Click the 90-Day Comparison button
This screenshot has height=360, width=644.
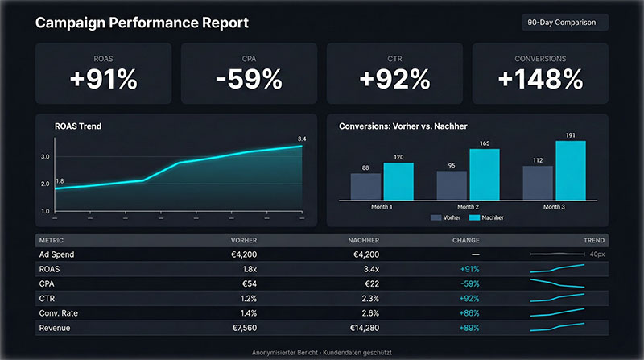click(565, 23)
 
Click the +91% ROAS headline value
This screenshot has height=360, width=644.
click(103, 80)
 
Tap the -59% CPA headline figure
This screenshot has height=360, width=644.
click(249, 80)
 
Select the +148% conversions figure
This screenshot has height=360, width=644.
click(539, 80)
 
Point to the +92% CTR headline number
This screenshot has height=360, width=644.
click(394, 80)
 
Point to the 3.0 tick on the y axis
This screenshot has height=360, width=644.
click(45, 156)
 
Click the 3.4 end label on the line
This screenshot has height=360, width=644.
click(302, 139)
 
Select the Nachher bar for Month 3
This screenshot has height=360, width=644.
click(570, 170)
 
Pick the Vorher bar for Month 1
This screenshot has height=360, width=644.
click(365, 186)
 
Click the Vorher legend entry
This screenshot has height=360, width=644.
click(448, 218)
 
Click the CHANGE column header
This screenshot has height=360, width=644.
click(465, 240)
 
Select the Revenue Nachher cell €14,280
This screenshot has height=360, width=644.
click(362, 328)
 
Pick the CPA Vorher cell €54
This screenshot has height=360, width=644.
click(246, 283)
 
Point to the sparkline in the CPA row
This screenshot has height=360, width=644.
click(556, 283)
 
